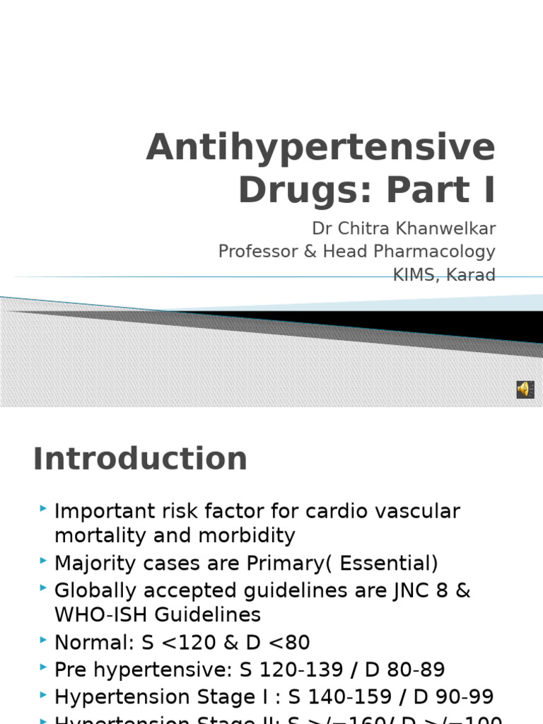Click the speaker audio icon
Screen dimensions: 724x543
click(x=525, y=389)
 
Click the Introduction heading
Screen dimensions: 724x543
click(x=140, y=459)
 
